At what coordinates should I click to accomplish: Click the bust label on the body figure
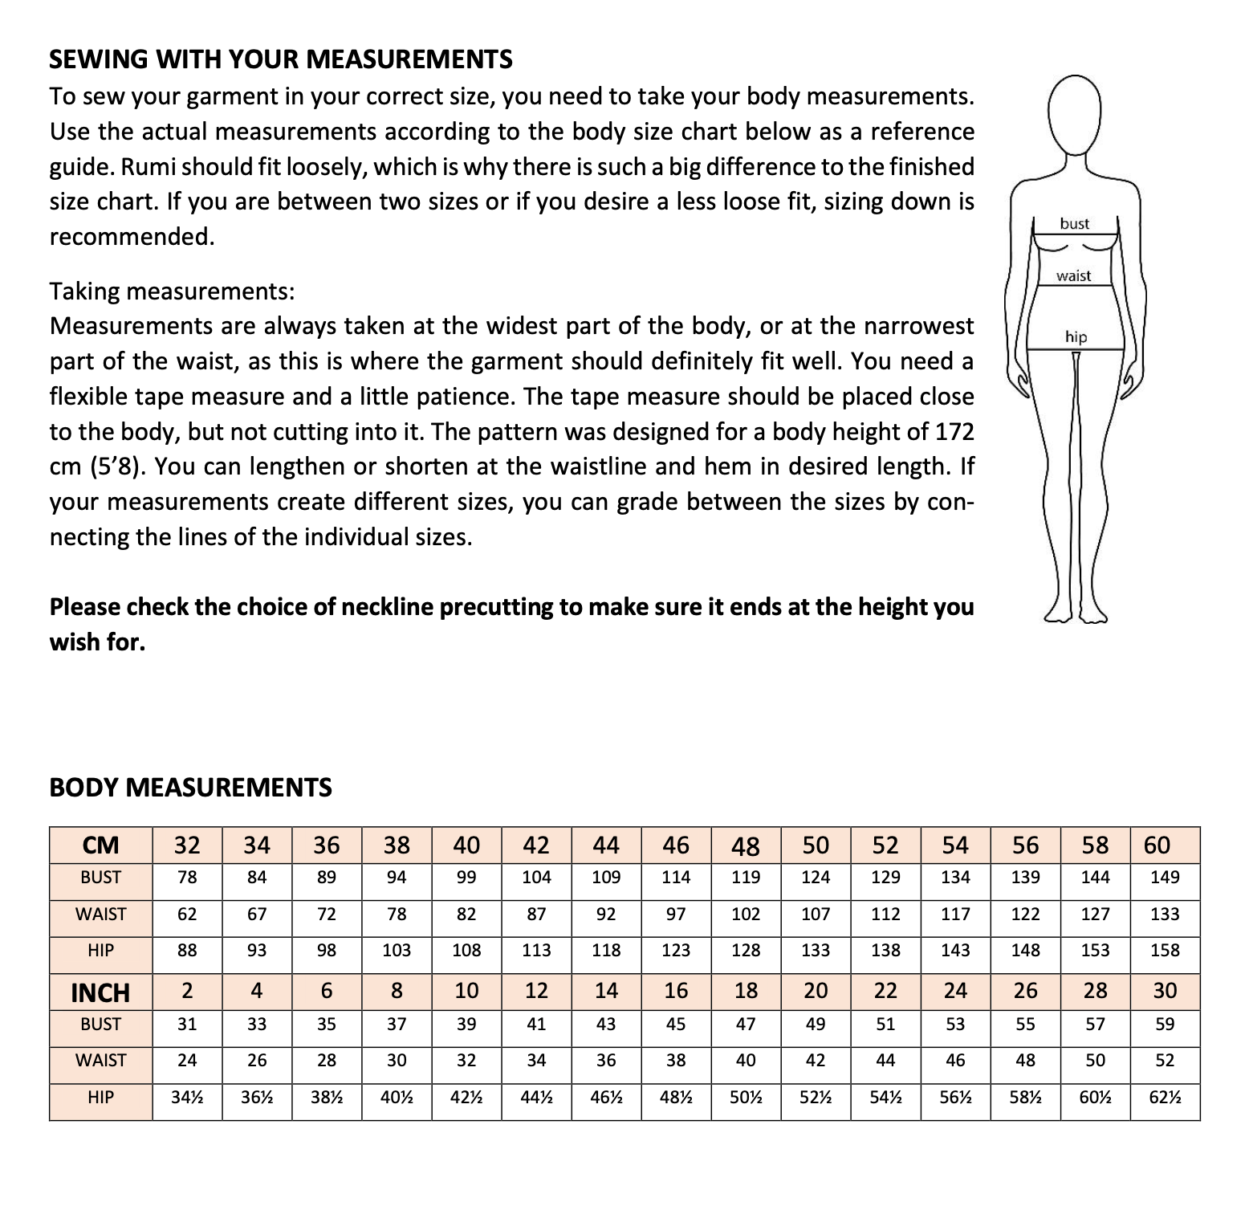tap(1074, 224)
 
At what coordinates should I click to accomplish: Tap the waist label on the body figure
tap(1073, 276)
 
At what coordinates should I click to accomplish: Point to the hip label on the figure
tap(1076, 337)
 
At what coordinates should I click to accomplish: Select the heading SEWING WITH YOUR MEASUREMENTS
tap(281, 59)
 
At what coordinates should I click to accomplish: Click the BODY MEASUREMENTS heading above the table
tap(190, 787)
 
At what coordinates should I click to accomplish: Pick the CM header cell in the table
tap(101, 845)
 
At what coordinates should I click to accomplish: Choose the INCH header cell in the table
tap(101, 992)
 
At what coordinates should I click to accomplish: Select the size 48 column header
tap(746, 845)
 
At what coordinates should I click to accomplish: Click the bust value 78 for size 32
tap(187, 878)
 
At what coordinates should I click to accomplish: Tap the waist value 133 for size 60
tap(1165, 914)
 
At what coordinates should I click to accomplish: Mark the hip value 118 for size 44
tap(606, 951)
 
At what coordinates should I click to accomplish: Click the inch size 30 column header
tap(1165, 991)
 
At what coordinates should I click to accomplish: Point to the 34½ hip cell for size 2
tap(187, 1098)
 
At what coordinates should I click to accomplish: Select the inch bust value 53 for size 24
tap(955, 1025)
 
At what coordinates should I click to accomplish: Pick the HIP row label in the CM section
tap(101, 951)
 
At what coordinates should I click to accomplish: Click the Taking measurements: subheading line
tap(172, 291)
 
